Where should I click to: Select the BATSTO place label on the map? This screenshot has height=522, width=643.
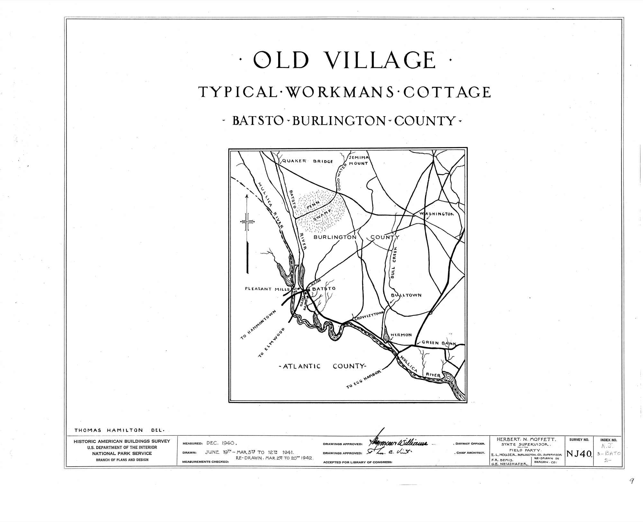tap(324, 289)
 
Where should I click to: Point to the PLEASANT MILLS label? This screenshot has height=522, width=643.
tap(267, 289)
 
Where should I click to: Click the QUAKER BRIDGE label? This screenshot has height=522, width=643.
tap(307, 161)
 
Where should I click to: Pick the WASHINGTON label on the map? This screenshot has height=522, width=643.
tap(436, 214)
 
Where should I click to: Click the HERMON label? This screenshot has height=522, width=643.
tap(401, 335)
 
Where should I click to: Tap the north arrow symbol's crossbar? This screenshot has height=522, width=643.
tap(247, 221)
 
